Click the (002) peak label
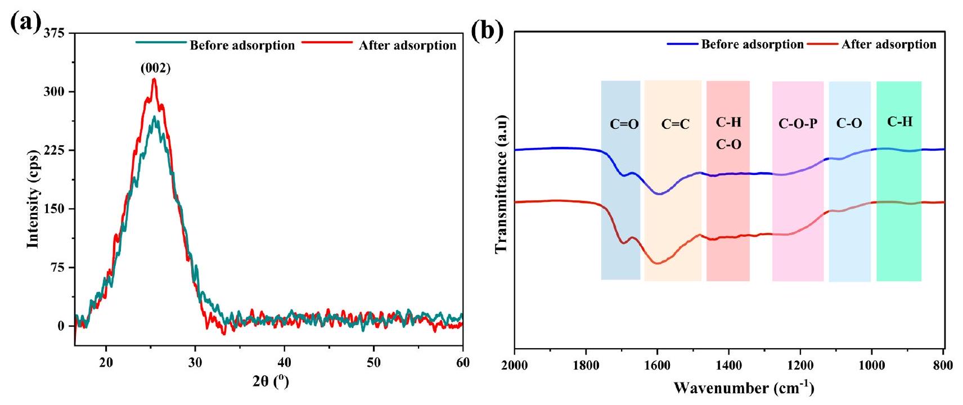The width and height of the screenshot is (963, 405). coord(155,69)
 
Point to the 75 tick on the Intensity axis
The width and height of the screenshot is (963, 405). coord(57,268)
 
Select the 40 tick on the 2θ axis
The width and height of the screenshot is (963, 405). coord(285,363)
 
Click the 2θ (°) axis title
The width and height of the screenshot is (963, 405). coord(271,382)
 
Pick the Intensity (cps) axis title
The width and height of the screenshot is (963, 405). coord(34,199)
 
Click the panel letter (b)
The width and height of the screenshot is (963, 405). coord(487,31)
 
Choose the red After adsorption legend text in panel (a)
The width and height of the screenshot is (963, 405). coord(407,46)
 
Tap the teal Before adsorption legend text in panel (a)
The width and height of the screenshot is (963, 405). coord(242,46)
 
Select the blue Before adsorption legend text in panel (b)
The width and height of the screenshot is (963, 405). coord(752,44)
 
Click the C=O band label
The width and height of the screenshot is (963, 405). coord(624,124)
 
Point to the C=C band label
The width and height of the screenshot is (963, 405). coord(675,124)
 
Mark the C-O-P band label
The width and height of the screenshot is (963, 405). coord(798,124)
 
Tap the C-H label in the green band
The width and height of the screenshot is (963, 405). coord(899,121)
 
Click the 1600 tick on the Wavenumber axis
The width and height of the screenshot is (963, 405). coord(657,366)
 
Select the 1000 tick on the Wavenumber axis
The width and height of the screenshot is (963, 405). coord(871,366)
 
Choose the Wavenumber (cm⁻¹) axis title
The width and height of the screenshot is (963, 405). coord(744,388)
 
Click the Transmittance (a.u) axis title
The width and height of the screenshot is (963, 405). coord(502,184)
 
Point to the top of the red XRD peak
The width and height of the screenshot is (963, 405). coord(154,79)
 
